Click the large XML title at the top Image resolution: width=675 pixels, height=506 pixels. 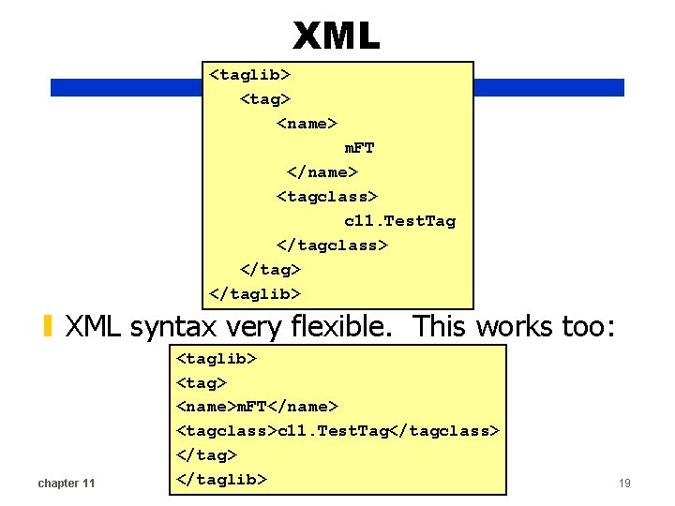[337, 37]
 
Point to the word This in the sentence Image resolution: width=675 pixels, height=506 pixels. [442, 326]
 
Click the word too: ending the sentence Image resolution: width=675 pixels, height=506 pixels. [586, 326]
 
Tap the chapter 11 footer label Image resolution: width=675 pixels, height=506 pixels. [66, 484]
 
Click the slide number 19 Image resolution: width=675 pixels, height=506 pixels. [624, 484]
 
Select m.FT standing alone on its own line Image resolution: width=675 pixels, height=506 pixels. [359, 148]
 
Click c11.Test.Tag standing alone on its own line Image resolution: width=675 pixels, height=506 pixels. [399, 221]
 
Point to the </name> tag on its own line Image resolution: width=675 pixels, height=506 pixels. [322, 172]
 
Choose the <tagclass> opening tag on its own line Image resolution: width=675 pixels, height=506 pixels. [326, 197]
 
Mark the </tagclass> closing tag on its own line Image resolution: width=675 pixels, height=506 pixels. [332, 246]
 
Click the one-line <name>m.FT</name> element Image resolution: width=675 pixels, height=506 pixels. [258, 407]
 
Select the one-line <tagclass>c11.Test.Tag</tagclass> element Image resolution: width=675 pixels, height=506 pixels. [338, 431]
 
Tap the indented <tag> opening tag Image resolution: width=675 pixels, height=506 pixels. [266, 98]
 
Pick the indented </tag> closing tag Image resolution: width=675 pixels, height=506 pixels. [271, 270]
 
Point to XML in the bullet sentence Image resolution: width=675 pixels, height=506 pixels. [95, 326]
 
